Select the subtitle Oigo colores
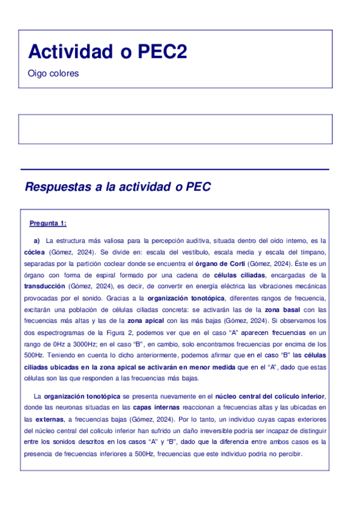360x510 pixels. (53, 74)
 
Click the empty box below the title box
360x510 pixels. (176, 129)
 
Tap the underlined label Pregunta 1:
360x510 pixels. (48, 224)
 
